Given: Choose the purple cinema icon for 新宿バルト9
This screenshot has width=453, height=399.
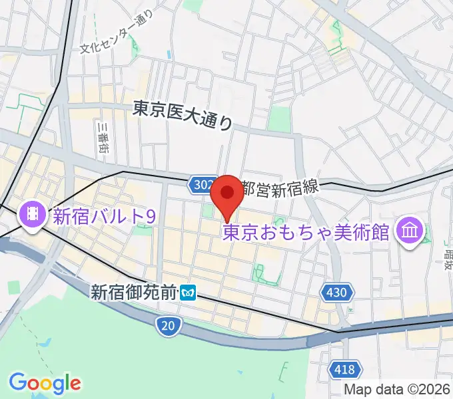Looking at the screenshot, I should point(32,215).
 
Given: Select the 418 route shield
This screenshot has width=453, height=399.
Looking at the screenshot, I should point(346,368).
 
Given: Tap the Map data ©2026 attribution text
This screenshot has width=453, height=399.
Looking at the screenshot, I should point(398,389).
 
